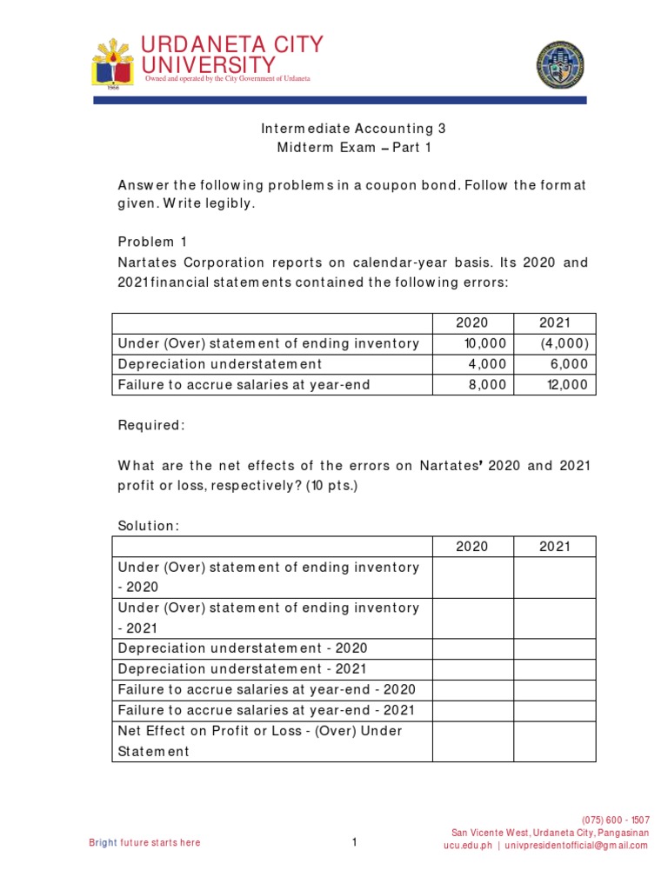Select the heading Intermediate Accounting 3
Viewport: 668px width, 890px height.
pyautogui.click(x=353, y=128)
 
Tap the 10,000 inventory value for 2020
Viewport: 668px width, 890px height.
pyautogui.click(x=487, y=343)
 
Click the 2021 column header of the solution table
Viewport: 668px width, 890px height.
pyautogui.click(x=554, y=547)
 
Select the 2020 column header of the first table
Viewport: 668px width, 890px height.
pyautogui.click(x=472, y=323)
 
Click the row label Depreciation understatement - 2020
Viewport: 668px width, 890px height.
pyautogui.click(x=243, y=648)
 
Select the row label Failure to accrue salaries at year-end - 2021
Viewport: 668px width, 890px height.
pyautogui.click(x=266, y=710)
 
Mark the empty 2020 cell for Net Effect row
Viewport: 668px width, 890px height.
pyautogui.click(x=472, y=741)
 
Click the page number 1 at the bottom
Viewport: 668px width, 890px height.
pyautogui.click(x=355, y=842)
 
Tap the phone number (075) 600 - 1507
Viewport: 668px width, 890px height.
pyautogui.click(x=615, y=820)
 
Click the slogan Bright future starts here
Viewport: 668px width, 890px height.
pyautogui.click(x=144, y=842)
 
